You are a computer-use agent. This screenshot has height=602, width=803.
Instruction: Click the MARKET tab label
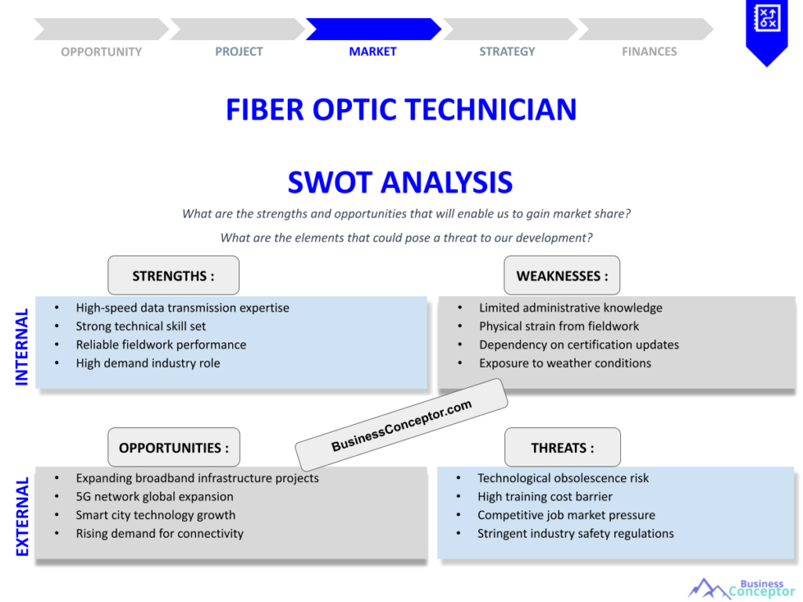372,52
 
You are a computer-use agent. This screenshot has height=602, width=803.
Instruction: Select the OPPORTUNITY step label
101,52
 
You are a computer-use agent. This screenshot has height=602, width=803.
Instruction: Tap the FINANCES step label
649,52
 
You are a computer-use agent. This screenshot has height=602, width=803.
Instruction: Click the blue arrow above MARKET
372,29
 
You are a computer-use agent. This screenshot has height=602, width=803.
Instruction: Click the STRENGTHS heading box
173,276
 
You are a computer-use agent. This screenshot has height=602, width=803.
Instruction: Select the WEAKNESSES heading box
561,276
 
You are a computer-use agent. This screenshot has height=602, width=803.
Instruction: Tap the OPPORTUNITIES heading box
173,448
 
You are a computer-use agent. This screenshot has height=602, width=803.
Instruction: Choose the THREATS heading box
562,448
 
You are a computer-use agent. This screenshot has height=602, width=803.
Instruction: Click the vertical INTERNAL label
22,346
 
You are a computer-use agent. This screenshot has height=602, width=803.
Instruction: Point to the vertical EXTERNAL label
22,517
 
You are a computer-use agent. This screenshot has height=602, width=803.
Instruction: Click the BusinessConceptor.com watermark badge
401,425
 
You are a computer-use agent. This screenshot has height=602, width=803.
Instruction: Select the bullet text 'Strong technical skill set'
141,326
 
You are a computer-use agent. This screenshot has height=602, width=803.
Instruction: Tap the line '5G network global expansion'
154,496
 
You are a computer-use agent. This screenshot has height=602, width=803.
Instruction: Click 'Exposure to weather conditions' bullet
565,363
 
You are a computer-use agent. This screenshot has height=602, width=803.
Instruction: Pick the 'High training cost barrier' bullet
544,496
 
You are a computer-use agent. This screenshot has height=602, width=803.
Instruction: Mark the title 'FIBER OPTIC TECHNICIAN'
401,110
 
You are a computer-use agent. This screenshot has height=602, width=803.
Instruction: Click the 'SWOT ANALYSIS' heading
400,183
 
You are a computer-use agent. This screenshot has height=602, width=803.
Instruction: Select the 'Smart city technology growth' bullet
155,515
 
